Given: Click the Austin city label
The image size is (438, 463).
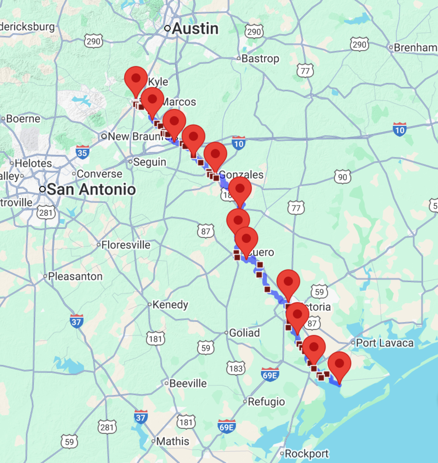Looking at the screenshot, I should pyautogui.click(x=195, y=29).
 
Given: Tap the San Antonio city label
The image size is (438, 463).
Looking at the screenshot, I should pyautogui.click(x=91, y=189).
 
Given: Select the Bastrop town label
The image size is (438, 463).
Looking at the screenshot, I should pyautogui.click(x=260, y=59).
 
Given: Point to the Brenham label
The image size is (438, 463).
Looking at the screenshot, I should pyautogui.click(x=415, y=48).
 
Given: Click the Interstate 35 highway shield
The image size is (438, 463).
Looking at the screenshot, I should pyautogui.click(x=82, y=152).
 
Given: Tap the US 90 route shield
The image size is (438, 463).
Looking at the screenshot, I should pyautogui.click(x=342, y=177).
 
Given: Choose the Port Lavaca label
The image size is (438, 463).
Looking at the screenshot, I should pyautogui.click(x=385, y=343).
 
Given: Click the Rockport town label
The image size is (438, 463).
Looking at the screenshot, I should pyautogui.click(x=307, y=454).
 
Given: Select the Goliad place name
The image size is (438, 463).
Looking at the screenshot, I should pyautogui.click(x=244, y=333).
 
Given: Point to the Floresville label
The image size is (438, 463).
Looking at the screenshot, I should pyautogui.click(x=126, y=245).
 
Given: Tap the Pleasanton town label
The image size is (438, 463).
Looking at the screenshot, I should pyautogui.click(x=75, y=276).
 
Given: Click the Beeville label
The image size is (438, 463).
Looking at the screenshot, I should pyautogui.click(x=188, y=383).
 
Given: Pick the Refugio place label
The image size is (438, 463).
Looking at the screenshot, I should pyautogui.click(x=266, y=402).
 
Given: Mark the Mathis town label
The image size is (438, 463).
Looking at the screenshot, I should pyautogui.click(x=172, y=441).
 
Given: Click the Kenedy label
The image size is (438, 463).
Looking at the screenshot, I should pyautogui.click(x=170, y=305).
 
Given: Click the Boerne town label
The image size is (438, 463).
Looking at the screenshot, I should pyautogui.click(x=23, y=119).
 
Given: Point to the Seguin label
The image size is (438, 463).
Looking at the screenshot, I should pyautogui.click(x=149, y=162).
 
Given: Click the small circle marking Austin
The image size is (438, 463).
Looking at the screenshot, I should pyautogui.click(x=168, y=28).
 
